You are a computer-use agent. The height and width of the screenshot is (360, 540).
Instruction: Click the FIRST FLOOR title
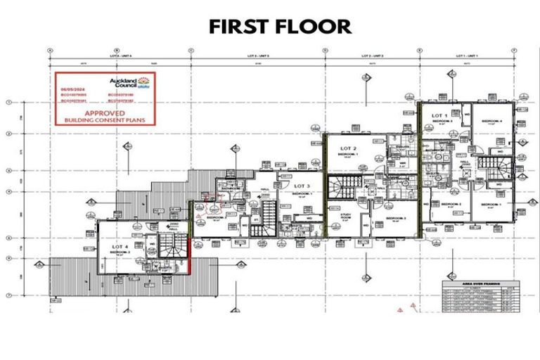click(x=280, y=27)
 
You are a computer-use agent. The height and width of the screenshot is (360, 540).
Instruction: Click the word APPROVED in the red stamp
click(x=105, y=112)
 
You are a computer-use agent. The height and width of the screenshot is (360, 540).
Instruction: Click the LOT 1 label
click(x=439, y=115)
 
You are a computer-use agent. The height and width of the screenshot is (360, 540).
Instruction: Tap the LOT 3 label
click(x=302, y=186)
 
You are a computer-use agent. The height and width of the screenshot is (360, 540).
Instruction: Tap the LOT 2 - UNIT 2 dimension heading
click(x=371, y=55)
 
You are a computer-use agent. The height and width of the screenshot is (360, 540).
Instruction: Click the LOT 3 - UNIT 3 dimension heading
click(x=257, y=55)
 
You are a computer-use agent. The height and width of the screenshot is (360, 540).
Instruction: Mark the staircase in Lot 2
click(x=347, y=186)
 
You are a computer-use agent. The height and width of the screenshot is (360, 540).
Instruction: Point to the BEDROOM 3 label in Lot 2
click(x=396, y=219)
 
